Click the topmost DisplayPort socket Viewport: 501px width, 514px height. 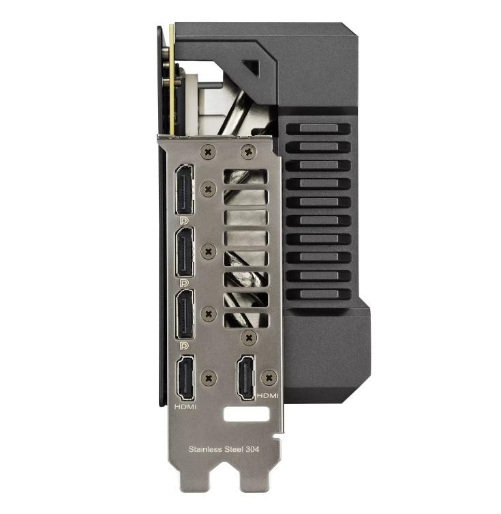click(x=184, y=190)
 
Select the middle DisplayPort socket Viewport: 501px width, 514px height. click(x=184, y=253)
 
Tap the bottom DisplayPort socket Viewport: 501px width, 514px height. click(x=184, y=315)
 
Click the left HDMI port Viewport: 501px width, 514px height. click(x=185, y=377)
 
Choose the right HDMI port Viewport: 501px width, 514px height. click(x=246, y=377)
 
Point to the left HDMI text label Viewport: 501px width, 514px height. click(x=185, y=407)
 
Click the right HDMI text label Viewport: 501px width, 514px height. click(x=267, y=396)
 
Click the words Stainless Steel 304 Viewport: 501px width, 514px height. click(x=224, y=449)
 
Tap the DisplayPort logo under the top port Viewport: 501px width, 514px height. click(x=184, y=220)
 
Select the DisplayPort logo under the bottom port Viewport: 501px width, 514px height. click(x=184, y=345)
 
